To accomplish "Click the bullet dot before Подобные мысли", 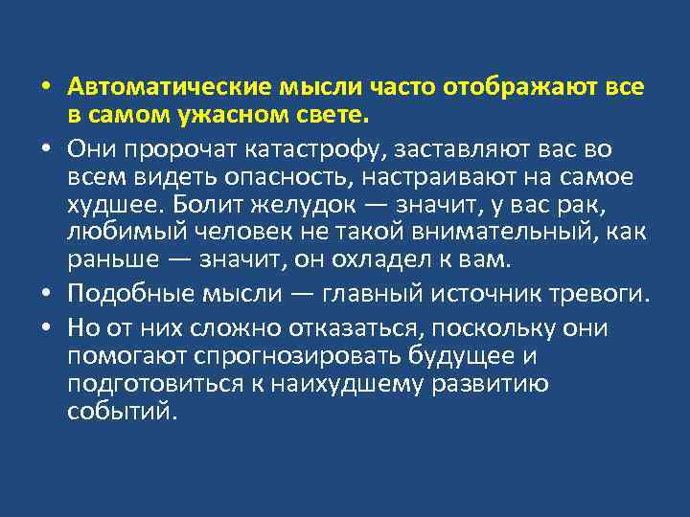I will (46, 297).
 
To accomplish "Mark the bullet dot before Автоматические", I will (46, 89).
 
